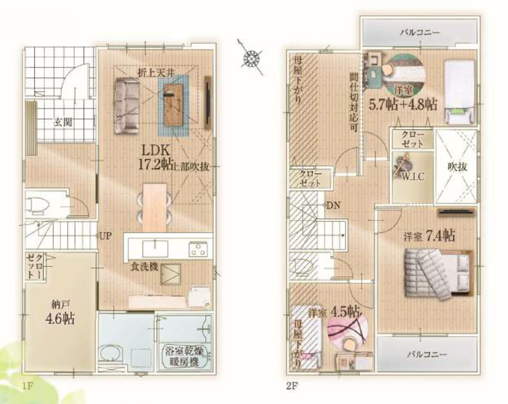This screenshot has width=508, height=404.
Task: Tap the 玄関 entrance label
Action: [63, 122]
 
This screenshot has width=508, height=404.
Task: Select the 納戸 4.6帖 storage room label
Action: [60, 313]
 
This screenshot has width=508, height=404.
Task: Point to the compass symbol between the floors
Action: [251, 58]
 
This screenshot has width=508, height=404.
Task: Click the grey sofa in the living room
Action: [126, 106]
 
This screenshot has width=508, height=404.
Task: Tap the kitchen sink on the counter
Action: [155, 249]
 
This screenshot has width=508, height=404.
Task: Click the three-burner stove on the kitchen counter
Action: [198, 249]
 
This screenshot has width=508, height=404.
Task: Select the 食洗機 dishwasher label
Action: [144, 267]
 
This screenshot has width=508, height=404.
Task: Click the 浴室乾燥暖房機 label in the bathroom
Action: [185, 356]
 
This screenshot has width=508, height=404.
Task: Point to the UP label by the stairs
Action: [106, 236]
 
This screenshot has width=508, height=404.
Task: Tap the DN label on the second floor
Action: [334, 205]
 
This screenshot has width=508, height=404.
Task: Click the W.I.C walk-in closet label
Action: [413, 177]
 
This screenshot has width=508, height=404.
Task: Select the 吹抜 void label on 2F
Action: [457, 167]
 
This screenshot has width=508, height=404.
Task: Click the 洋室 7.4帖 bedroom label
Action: [429, 236]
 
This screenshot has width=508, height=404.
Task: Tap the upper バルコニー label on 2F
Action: [420, 32]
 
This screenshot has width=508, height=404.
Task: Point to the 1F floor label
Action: [28, 385]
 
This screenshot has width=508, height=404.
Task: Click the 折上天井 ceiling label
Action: [156, 73]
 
